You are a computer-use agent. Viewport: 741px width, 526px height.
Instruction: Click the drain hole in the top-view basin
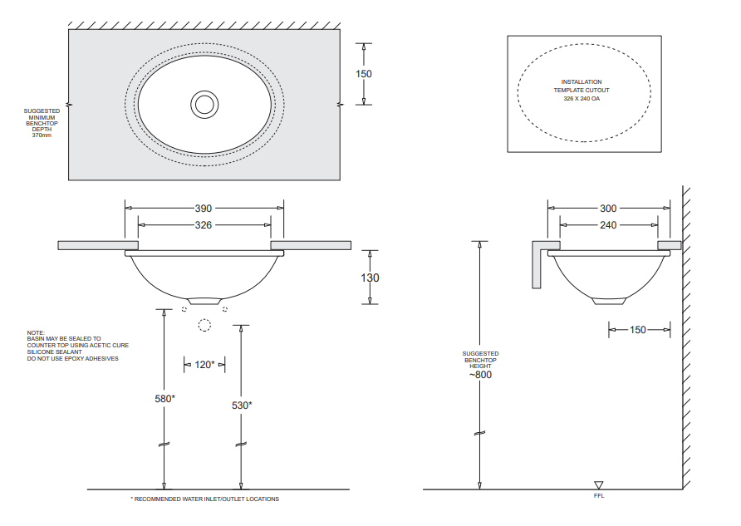204,104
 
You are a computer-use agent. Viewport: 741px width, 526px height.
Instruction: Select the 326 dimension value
204,225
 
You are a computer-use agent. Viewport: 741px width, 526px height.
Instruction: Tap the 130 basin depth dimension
370,278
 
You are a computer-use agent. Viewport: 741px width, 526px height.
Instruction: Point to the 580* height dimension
164,399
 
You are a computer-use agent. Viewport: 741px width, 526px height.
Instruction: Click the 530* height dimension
242,406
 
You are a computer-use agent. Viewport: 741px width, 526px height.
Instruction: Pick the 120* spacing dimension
204,364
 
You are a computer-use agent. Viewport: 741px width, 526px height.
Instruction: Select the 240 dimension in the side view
609,225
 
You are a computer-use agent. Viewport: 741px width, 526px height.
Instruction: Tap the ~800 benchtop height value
481,375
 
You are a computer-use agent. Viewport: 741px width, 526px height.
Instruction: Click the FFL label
599,498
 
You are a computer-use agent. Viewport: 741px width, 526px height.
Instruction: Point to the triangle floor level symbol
599,485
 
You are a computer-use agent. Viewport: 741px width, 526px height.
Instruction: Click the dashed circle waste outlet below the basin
204,325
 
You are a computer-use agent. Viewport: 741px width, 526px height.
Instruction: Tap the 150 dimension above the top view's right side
364,73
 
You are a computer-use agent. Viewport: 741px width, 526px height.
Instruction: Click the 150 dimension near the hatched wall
637,330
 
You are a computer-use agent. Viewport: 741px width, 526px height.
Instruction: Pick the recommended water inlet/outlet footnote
205,499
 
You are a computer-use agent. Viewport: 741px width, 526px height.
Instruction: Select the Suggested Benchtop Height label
481,358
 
